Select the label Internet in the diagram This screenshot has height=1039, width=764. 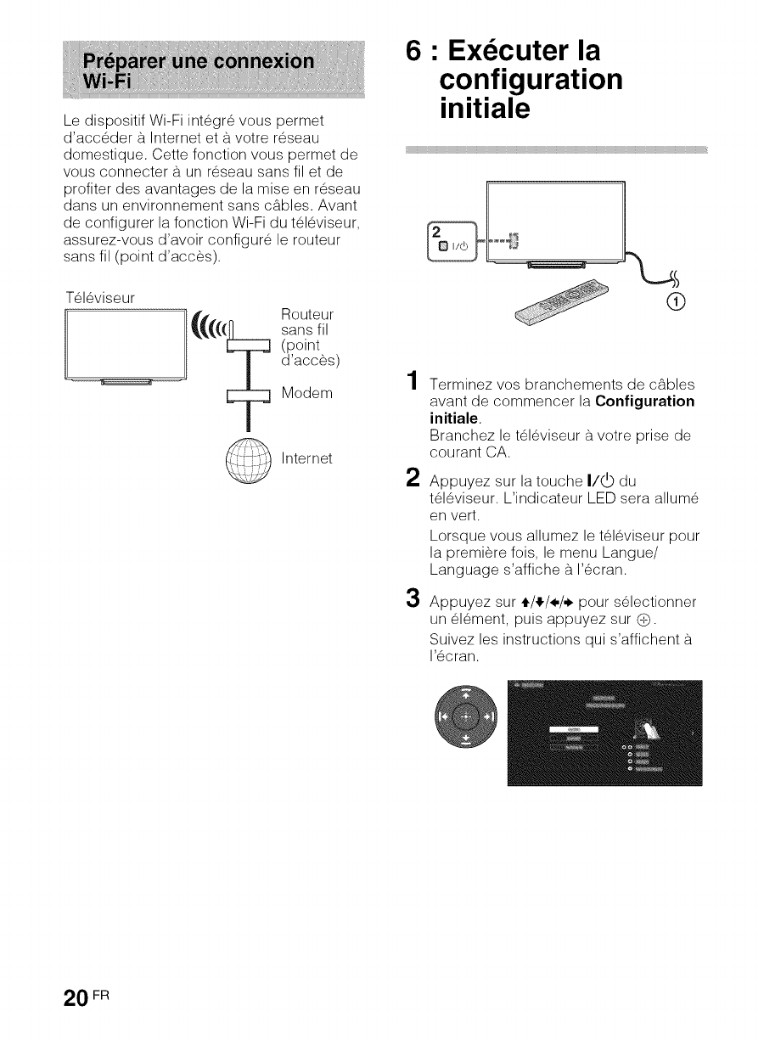306,459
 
